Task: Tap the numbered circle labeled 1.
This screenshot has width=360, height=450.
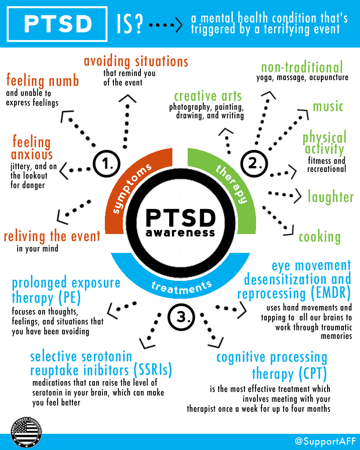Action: pyautogui.click(x=107, y=164)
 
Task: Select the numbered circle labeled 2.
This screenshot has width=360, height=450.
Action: pyautogui.click(x=254, y=164)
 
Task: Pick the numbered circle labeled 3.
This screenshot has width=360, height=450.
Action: pyautogui.click(x=181, y=317)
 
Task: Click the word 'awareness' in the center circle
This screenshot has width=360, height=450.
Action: pyautogui.click(x=180, y=233)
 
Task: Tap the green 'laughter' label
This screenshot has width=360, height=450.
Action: pyautogui.click(x=331, y=197)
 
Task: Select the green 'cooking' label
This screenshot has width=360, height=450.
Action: pyautogui.click(x=320, y=237)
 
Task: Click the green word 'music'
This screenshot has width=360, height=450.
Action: pyautogui.click(x=328, y=106)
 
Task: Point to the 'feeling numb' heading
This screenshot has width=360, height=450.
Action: pyautogui.click(x=42, y=81)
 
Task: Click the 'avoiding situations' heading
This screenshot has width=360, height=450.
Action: pyautogui.click(x=136, y=61)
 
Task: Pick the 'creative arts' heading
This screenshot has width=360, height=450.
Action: pyautogui.click(x=208, y=96)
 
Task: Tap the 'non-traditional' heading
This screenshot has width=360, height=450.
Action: pyautogui.click(x=302, y=67)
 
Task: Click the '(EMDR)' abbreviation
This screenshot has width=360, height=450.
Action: pyautogui.click(x=331, y=293)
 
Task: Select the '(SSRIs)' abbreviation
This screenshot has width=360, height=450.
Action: pyautogui.click(x=153, y=369)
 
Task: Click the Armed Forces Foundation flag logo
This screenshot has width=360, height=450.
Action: pyautogui.click(x=26, y=432)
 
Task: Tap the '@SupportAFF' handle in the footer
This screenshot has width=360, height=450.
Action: pyautogui.click(x=325, y=441)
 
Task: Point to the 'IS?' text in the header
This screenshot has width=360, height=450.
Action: pyautogui.click(x=130, y=24)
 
